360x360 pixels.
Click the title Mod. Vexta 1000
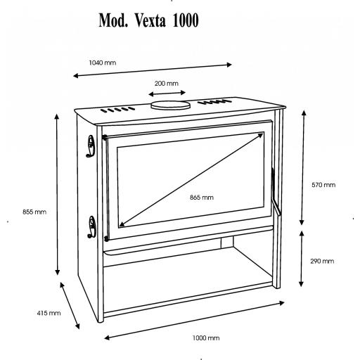click(148, 20)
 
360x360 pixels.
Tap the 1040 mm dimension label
click(103, 63)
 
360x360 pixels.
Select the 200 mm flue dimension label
click(167, 84)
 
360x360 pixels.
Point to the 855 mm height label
click(34, 212)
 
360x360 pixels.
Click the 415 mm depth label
click(49, 313)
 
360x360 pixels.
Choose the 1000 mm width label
click(206, 338)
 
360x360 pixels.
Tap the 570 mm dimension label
click(323, 185)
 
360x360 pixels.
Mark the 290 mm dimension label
click(322, 261)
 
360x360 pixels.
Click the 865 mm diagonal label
click(202, 198)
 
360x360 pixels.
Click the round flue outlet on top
click(170, 105)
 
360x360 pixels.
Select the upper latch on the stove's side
click(91, 146)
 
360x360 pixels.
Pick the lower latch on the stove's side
click(91, 227)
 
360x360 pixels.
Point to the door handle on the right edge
click(275, 191)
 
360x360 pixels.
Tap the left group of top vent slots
click(117, 110)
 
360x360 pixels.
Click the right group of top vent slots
click(214, 102)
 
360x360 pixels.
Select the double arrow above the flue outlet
click(167, 94)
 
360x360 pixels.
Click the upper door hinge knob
click(105, 137)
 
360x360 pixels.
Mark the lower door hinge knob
click(106, 239)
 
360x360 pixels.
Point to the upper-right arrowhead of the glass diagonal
click(260, 135)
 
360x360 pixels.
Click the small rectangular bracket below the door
click(227, 242)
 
